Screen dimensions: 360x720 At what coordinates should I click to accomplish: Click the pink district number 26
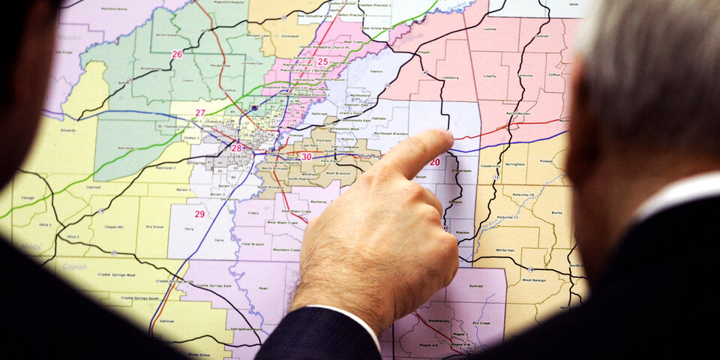click(177, 54)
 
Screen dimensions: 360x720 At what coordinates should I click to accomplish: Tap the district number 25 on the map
click(322, 61)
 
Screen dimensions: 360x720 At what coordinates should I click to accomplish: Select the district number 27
click(200, 113)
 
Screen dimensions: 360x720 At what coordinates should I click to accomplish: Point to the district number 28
click(236, 148)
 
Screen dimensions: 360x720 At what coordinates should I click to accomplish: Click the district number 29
click(199, 214)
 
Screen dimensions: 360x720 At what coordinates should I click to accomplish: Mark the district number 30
click(306, 157)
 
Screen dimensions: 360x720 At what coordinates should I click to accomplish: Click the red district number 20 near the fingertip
click(435, 162)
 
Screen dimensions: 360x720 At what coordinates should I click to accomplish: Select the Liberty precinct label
click(490, 76)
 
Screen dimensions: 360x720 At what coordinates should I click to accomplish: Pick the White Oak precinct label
click(504, 250)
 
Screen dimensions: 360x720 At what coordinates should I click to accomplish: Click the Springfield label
click(514, 163)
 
